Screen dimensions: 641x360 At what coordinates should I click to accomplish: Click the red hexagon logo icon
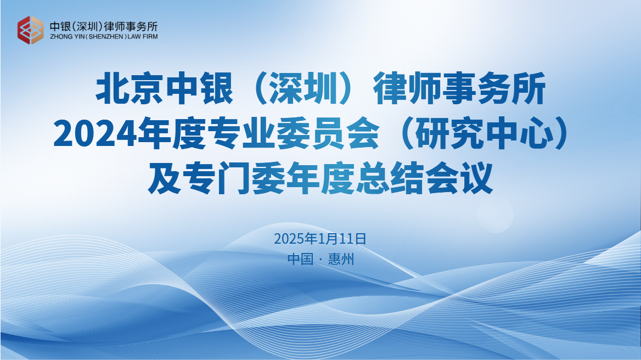(30, 30)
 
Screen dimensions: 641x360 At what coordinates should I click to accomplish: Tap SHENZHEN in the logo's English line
(106, 37)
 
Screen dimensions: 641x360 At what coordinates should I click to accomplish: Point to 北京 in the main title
(130, 88)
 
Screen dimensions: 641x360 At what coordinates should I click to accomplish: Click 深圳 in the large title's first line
(303, 88)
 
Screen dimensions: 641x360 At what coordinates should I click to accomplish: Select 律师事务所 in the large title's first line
(460, 88)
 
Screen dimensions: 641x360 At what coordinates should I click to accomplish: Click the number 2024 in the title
(95, 133)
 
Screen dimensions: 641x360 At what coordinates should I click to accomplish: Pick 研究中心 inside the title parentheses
(484, 133)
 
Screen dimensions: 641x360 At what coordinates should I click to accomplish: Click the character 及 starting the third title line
(164, 178)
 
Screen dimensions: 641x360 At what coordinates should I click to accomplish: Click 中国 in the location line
(301, 259)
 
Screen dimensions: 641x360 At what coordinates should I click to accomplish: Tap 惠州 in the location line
(341, 259)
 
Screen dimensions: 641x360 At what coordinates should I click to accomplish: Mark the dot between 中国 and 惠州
(320, 260)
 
